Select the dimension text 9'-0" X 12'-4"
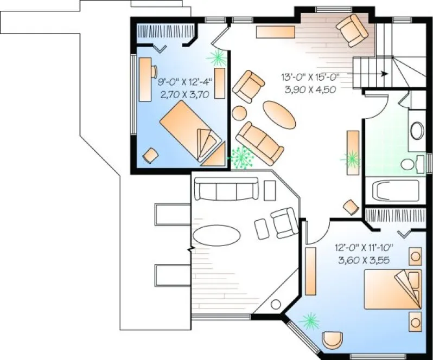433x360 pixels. (x=184, y=83)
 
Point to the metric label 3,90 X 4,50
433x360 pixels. (x=309, y=88)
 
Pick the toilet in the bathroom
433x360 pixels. (x=413, y=164)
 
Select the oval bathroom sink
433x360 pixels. (x=417, y=131)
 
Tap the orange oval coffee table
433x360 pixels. (x=280, y=114)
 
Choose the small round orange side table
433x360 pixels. (x=238, y=114)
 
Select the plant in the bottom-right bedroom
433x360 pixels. (x=310, y=321)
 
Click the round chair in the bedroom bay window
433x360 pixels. (x=332, y=340)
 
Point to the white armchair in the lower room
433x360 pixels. (x=284, y=222)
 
